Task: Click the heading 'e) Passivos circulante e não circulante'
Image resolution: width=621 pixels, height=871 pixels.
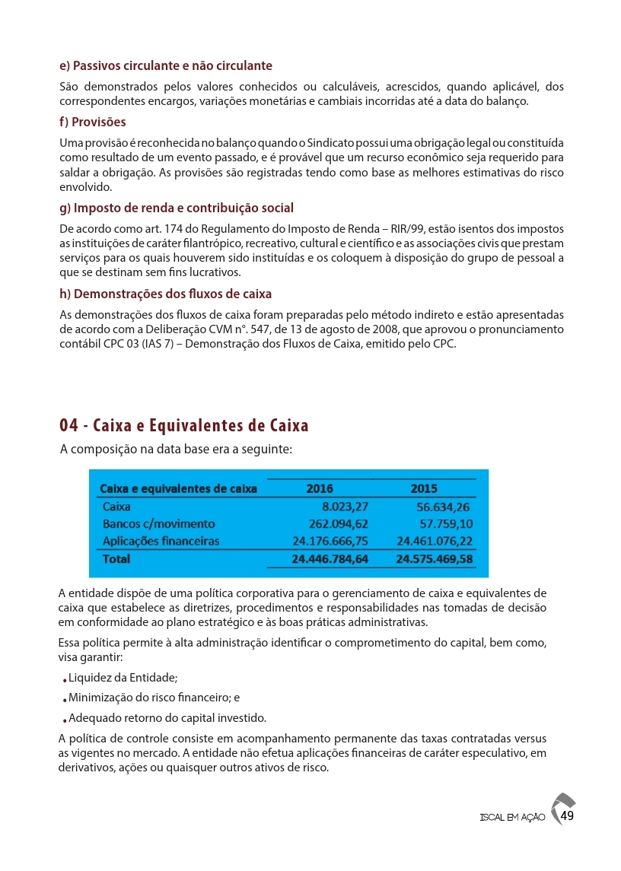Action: [166, 65]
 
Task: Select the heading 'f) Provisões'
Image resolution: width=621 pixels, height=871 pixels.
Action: [93, 122]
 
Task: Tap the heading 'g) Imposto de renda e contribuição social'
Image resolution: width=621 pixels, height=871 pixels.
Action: [177, 208]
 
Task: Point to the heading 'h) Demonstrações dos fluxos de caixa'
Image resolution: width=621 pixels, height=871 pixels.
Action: [166, 294]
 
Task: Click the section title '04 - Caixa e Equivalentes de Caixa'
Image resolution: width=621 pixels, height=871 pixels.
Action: [184, 424]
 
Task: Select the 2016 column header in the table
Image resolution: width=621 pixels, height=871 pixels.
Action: [319, 488]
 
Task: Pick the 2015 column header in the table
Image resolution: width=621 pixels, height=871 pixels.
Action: [424, 488]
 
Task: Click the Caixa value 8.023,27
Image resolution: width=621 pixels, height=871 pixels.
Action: [346, 507]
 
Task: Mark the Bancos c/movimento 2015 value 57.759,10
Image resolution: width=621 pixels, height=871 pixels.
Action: [446, 524]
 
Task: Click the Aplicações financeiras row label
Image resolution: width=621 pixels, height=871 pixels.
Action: [161, 541]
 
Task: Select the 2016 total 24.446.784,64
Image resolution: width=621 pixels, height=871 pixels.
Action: [330, 559]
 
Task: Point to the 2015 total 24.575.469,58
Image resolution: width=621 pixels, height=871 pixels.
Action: [435, 559]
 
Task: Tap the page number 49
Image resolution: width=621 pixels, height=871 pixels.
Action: [566, 816]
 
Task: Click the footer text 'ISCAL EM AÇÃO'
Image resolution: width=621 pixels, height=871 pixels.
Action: [512, 818]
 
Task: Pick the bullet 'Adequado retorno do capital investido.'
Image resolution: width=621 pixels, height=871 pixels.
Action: [167, 717]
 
